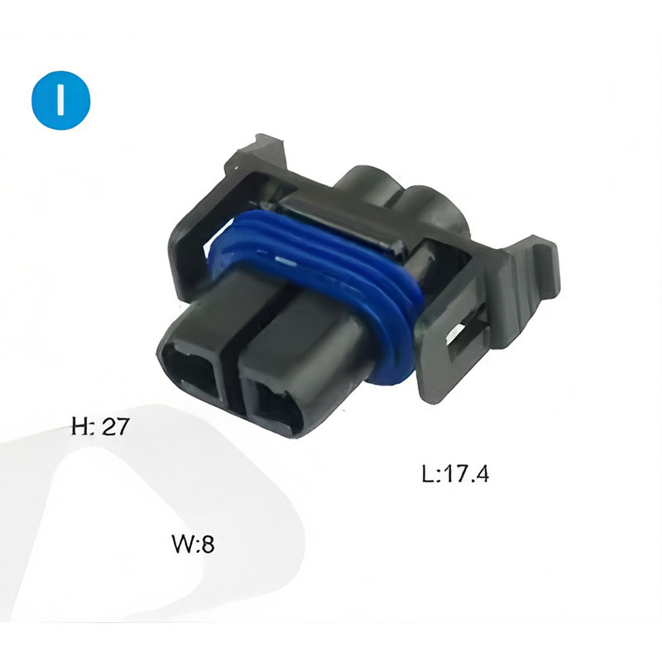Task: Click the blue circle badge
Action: [60, 100]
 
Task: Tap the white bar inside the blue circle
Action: [60, 100]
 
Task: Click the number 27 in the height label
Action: [114, 425]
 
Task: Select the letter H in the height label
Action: [79, 425]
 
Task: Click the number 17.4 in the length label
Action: [466, 473]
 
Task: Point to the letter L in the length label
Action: [428, 473]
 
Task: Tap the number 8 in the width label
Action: [207, 544]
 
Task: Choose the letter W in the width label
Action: [182, 544]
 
